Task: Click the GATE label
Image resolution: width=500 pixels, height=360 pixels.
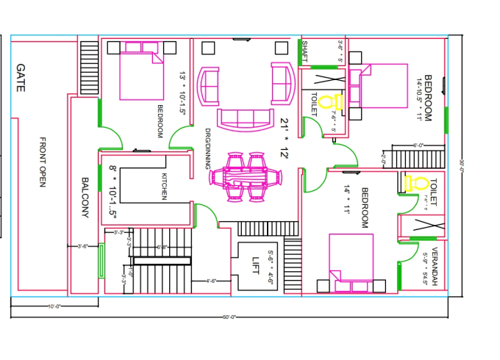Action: pos(19,76)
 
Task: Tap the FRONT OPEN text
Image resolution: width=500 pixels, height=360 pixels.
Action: pos(43,162)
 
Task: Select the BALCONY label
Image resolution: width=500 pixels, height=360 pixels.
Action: pos(85,197)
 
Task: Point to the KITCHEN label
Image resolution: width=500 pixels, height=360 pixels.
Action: pos(164,187)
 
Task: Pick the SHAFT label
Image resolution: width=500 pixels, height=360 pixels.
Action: pos(304,52)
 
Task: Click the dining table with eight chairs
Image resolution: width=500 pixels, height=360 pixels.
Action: pos(245,176)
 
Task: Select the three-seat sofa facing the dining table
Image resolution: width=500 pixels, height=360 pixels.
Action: pos(243,118)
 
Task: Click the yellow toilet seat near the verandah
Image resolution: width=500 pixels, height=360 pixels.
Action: pos(416,184)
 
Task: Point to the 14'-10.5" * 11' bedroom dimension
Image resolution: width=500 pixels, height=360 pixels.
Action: pos(424,97)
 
